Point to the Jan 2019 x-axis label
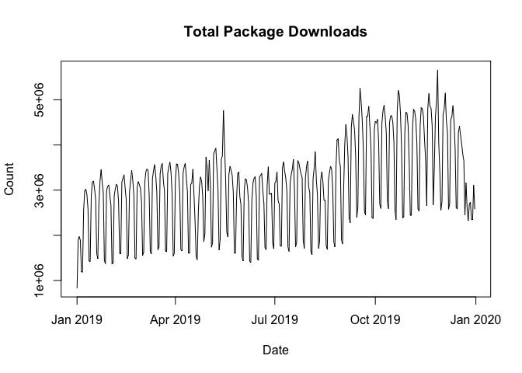tap(77, 319)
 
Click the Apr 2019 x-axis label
tap(176, 319)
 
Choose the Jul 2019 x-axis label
tap(275, 319)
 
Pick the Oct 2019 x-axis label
tap(375, 319)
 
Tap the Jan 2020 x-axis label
tap(475, 319)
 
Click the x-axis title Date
tap(276, 350)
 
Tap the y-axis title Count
tap(10, 179)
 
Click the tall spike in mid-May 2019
tap(223, 110)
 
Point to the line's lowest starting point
tap(77, 288)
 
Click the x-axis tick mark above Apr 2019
tap(176, 300)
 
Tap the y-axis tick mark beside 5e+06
tap(57, 99)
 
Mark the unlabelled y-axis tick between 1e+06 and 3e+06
tap(57, 235)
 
